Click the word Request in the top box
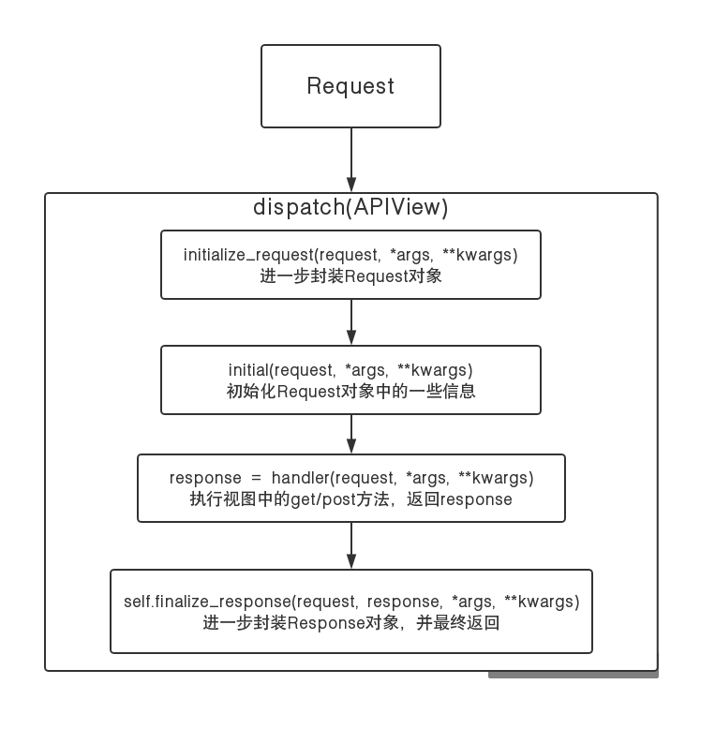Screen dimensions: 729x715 [x=350, y=86]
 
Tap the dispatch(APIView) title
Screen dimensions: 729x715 [x=350, y=208]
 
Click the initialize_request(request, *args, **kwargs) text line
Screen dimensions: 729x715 [x=350, y=254]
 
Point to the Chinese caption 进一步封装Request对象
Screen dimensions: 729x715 [x=350, y=276]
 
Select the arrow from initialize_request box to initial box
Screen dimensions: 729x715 [x=351, y=322]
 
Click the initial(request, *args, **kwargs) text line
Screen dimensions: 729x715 [x=350, y=369]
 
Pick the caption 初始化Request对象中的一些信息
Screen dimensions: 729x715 [x=350, y=392]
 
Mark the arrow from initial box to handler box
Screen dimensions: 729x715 [x=351, y=434]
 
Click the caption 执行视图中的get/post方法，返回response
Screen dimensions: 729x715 [x=350, y=499]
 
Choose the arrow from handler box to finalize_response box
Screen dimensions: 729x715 [x=351, y=545]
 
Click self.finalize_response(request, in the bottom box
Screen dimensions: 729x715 [x=240, y=601]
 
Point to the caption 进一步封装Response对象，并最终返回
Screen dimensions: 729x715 [x=350, y=622]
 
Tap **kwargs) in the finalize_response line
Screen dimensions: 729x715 [x=542, y=601]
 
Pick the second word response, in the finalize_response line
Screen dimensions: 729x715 [x=404, y=601]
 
